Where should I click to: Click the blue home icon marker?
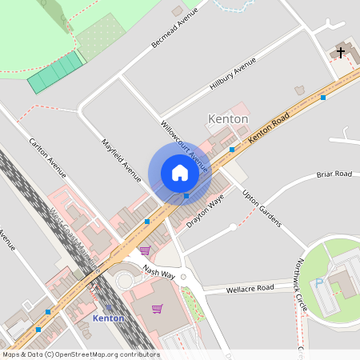pyautogui.click(x=179, y=173)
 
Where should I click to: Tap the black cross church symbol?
pyautogui.click(x=341, y=53)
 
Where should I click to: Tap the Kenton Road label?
pyautogui.click(x=269, y=127)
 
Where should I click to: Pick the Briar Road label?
pyautogui.click(x=334, y=174)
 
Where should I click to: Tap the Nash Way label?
pyautogui.click(x=158, y=273)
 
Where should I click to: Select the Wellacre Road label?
pyautogui.click(x=250, y=288)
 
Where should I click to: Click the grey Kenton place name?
pyautogui.click(x=228, y=118)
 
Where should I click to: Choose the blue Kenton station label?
pyautogui.click(x=109, y=318)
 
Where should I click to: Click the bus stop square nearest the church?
pyautogui.click(x=323, y=98)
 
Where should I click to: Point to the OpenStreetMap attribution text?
pyautogui.click(x=80, y=354)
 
